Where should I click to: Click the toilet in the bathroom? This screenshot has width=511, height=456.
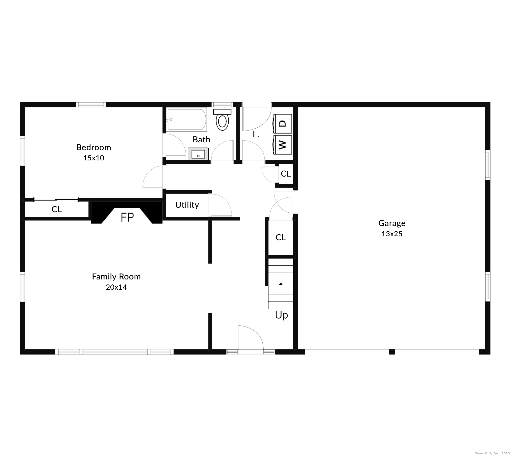pos(222,120)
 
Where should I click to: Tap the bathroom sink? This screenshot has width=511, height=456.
pos(198,154)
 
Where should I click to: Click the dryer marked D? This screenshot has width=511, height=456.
pos(283,124)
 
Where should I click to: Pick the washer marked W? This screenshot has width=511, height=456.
pos(283,144)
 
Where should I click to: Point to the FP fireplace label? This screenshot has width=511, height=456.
pos(127,217)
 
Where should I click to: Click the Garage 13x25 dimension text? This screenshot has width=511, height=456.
pos(392,234)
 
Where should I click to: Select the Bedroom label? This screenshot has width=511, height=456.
pos(93,147)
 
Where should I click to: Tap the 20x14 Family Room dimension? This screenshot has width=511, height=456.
pos(116,287)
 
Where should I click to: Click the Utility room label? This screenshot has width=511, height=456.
pos(187,205)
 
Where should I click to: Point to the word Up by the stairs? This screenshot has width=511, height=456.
pos(281,315)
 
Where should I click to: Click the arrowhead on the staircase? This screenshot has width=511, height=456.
pos(281,284)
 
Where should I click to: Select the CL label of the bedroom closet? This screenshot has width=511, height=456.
pos(57,209)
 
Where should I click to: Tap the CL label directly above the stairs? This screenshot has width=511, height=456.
pos(281,237)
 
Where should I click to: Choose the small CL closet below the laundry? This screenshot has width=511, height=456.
pos(286,174)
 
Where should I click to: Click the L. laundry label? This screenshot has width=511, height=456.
pos(256,135)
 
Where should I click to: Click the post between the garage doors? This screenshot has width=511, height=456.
pos(392,352)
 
